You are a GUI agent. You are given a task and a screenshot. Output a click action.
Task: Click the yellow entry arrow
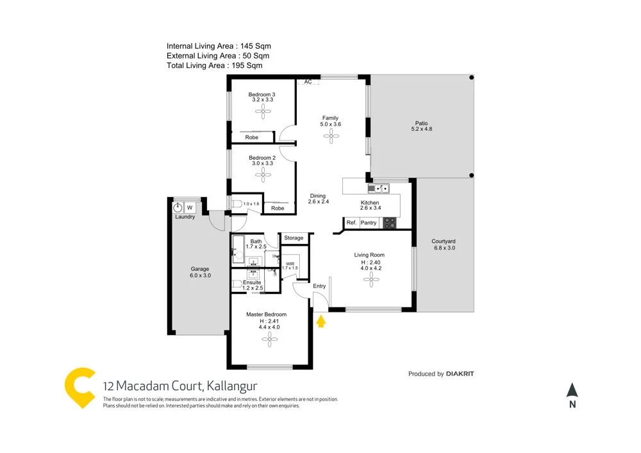[321, 320]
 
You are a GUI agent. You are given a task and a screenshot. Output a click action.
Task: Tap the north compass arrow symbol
[572, 390]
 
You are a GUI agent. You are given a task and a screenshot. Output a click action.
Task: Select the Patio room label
[420, 123]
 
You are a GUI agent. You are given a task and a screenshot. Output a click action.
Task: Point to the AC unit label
[308, 82]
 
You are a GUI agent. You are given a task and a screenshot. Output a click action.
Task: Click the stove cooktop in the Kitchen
[389, 223]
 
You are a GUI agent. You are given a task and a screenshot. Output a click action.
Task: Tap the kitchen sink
[379, 188]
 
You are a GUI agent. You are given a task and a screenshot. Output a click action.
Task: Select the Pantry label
[369, 223]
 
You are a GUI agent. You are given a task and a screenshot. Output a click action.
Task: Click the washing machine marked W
[190, 207]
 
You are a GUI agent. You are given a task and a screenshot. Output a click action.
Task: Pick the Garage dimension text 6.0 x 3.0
[200, 275]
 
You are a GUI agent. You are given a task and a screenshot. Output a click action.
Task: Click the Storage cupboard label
[294, 238]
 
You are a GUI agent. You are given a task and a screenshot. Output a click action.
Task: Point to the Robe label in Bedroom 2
[278, 209]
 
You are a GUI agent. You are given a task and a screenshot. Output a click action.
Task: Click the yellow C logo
[81, 388]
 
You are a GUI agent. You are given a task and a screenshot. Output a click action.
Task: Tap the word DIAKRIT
[460, 373]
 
